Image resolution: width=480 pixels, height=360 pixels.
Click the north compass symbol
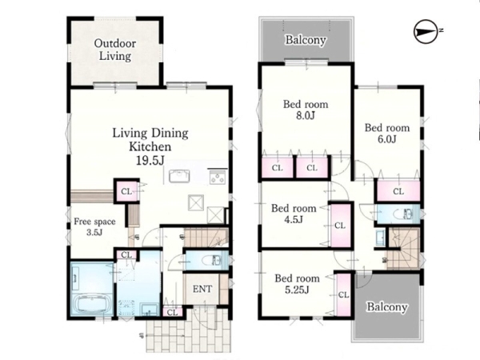pos(426,31)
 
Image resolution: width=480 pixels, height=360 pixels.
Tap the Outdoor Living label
pos(114,50)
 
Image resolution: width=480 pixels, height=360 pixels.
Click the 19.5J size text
pos(150,161)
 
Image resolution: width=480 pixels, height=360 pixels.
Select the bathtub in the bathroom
pos(91,304)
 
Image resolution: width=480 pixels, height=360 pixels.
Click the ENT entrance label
pos(202,289)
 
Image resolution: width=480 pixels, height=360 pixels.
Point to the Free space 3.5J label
pos(94,226)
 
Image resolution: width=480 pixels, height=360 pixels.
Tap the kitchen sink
pos(179,176)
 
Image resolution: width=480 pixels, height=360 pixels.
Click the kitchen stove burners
pos(218,178)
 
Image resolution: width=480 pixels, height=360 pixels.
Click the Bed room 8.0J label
pos(306,110)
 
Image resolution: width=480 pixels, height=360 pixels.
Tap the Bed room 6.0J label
pos(387,133)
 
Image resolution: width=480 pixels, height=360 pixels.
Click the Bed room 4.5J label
pos(294,214)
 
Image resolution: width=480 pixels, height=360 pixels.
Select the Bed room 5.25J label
pos(297,284)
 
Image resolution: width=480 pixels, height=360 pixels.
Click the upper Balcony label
pos(306,40)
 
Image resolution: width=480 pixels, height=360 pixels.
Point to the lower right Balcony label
pos(387,306)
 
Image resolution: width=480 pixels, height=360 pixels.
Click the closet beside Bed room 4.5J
pos(340,226)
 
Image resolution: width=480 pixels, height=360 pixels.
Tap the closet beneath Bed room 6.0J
pos(398,191)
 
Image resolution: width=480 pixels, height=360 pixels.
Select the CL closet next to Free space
pos(126,191)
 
